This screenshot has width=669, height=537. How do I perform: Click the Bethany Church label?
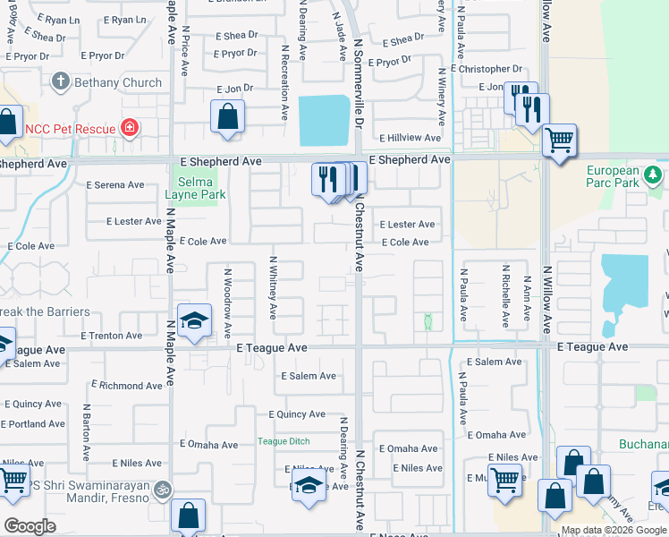click(x=118, y=82)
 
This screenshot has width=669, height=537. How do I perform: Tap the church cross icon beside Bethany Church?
click(x=61, y=82)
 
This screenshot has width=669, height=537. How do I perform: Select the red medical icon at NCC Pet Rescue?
click(x=130, y=128)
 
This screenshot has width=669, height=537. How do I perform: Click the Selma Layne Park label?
click(x=194, y=188)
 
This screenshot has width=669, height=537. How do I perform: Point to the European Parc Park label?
click(x=613, y=176)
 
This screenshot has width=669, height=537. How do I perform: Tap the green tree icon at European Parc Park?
click(x=654, y=173)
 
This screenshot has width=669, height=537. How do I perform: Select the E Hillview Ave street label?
click(x=410, y=138)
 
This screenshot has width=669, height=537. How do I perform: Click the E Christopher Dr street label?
click(x=487, y=69)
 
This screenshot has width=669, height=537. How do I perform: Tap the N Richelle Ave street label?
click(x=505, y=295)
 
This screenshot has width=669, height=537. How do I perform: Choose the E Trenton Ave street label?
click(x=111, y=336)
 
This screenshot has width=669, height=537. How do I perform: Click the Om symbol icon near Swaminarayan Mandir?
click(x=162, y=490)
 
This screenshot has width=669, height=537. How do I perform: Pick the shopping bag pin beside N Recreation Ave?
click(x=228, y=115)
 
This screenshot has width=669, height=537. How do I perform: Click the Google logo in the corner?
click(x=30, y=526)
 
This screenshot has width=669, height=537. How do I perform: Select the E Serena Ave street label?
click(x=114, y=185)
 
